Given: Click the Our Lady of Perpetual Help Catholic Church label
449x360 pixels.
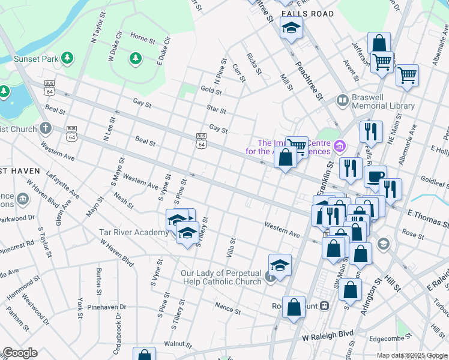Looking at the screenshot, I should pyautogui.click(x=221, y=277).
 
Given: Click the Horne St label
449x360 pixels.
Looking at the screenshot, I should pyautogui.click(x=143, y=38).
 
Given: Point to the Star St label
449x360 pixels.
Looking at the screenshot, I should pyautogui.click(x=215, y=110).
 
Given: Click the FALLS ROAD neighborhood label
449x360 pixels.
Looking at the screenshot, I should pyautogui.click(x=307, y=14).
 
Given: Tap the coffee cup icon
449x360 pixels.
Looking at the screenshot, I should pyautogui.click(x=376, y=176).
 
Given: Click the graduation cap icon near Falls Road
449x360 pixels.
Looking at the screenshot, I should pyautogui.click(x=291, y=28).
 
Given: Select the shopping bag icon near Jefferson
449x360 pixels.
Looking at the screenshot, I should pyautogui.click(x=379, y=43).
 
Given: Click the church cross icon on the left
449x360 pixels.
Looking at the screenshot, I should pyautogui.click(x=46, y=128).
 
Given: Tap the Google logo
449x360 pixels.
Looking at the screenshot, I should pyautogui.click(x=20, y=353).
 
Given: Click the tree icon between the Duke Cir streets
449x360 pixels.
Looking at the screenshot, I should pyautogui.click(x=134, y=58).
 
